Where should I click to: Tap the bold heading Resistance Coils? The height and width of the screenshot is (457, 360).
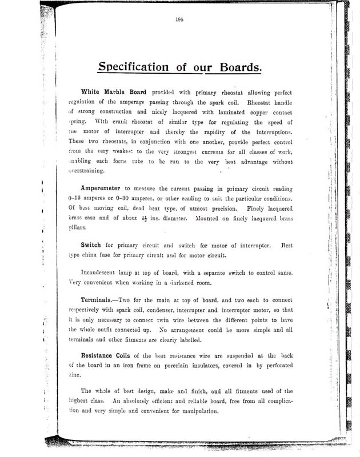pyautogui.click(x=110, y=355)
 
